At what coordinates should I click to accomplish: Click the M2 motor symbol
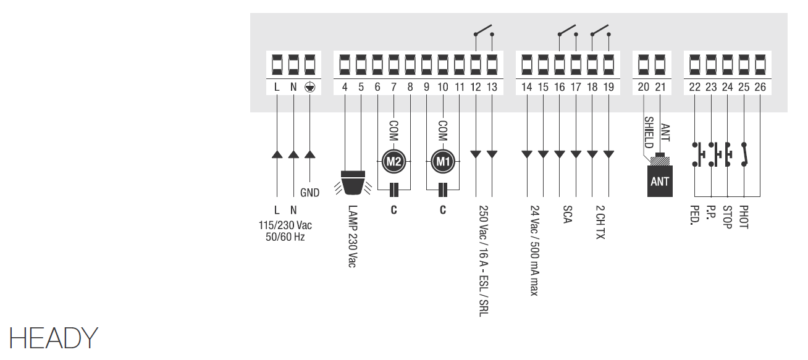click(393, 162)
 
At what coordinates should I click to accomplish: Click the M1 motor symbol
click(442, 162)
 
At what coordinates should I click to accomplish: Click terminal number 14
click(526, 87)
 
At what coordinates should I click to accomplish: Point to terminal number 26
click(760, 87)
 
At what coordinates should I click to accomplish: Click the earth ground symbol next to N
click(310, 87)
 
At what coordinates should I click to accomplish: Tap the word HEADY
click(53, 338)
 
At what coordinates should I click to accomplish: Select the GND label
click(310, 193)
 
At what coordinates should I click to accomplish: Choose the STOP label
click(727, 217)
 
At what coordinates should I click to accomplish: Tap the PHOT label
click(743, 217)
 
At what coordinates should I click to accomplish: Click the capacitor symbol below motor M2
click(393, 189)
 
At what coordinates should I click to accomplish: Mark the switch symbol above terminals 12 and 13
click(484, 31)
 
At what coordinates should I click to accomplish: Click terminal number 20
click(644, 87)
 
